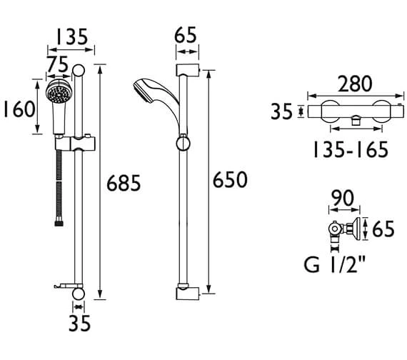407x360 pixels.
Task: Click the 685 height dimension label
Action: coord(124,183)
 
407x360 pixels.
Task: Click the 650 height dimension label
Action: coord(230,179)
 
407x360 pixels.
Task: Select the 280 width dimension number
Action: coord(355,84)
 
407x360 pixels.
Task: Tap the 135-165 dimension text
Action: coord(351,149)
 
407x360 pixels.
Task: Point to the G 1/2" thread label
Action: coord(334,264)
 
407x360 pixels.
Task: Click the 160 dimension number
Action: coord(19,109)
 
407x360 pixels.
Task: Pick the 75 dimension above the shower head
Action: coord(57,64)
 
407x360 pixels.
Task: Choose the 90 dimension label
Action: coord(343,198)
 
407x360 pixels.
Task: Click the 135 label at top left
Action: coord(72,36)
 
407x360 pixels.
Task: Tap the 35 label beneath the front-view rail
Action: coord(79,323)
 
